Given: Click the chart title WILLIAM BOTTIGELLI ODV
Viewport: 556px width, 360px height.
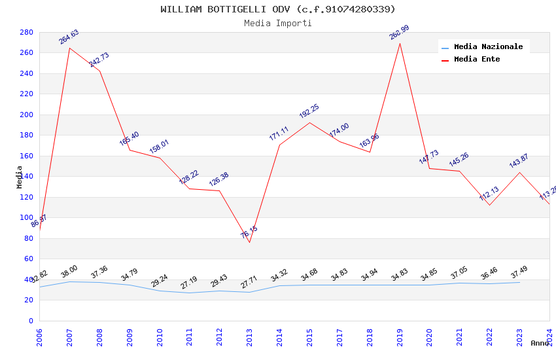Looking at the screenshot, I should [x=278, y=9].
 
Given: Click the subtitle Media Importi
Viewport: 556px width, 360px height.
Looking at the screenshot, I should [x=278, y=24].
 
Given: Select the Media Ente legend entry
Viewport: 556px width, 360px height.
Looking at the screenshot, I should [x=477, y=60].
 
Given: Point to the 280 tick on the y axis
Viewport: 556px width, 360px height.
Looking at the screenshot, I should [x=26, y=32].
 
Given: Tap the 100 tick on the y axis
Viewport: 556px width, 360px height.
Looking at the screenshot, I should [x=26, y=217].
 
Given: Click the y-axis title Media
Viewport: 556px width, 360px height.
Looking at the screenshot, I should [x=20, y=177].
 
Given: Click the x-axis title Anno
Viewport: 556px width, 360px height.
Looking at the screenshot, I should [x=540, y=343].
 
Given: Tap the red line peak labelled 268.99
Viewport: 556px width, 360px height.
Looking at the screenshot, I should [x=400, y=43].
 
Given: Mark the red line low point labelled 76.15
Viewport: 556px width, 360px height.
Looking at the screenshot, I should [x=249, y=242].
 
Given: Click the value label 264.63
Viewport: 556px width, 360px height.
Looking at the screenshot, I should [x=69, y=37].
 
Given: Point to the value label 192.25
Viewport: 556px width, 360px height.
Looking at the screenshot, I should [x=309, y=111].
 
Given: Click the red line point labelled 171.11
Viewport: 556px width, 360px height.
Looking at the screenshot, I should [x=279, y=145].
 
